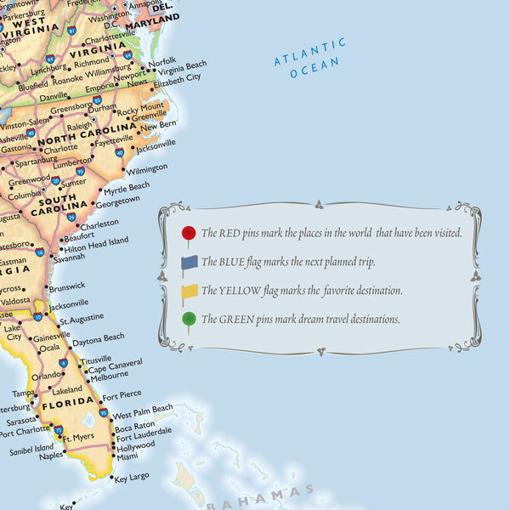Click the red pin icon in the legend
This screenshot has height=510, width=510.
pos(189,233)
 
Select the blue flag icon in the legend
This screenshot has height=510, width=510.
pos(189,263)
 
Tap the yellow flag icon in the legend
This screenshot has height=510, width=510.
pos(189,292)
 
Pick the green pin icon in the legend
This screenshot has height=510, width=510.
pos(189,320)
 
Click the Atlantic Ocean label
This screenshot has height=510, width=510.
pos(310,58)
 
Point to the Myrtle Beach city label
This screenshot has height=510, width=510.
pos(126,186)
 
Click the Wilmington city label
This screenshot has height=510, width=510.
pos(146,168)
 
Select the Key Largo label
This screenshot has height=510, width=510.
pos(132,478)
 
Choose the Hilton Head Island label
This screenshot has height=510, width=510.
pos(97,241)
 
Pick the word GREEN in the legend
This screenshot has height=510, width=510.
pos(242,320)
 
